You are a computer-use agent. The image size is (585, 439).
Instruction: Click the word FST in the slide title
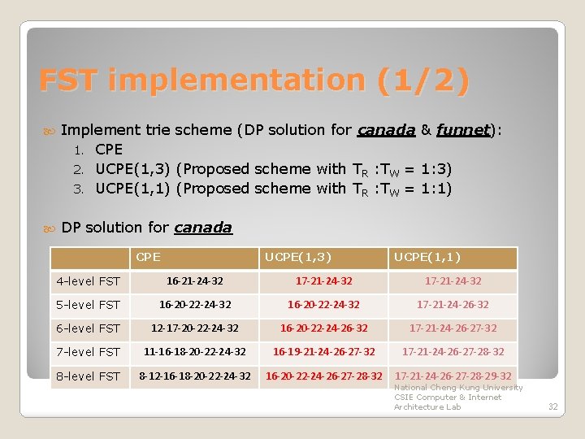(70, 80)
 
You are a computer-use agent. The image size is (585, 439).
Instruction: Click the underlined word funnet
(463, 129)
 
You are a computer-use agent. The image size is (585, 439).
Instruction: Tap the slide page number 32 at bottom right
(552, 406)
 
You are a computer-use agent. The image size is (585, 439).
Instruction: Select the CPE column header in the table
(148, 258)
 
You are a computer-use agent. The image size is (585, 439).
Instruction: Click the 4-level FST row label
(88, 281)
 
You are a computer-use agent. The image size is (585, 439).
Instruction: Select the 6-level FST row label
(88, 328)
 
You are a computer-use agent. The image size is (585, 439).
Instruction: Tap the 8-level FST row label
(88, 376)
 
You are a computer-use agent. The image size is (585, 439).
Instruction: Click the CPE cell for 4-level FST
(194, 281)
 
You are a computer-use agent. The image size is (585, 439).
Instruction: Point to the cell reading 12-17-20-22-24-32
(194, 328)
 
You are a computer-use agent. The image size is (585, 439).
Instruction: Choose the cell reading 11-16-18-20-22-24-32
(194, 352)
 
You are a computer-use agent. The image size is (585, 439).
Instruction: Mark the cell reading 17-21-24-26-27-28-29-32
(453, 376)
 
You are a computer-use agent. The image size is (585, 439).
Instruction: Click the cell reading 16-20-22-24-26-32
(323, 328)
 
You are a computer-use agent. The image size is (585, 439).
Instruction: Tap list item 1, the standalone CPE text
(109, 150)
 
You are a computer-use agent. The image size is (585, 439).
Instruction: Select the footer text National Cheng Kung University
(458, 388)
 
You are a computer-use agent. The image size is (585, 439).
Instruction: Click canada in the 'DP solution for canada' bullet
(203, 228)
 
